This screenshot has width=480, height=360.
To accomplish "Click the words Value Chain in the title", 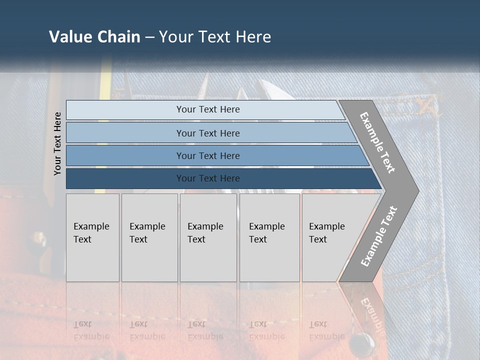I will click(94, 37).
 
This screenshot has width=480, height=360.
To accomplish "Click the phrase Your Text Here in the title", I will click(215, 37).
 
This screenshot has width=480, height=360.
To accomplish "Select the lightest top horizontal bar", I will click(208, 109).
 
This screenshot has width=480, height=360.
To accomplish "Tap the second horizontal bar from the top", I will click(208, 133).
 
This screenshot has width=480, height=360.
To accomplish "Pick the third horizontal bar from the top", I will click(208, 155).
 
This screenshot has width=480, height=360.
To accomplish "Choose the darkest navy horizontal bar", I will click(208, 178).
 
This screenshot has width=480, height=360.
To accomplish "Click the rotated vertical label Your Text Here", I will click(57, 143).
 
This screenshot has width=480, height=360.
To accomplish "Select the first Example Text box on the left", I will click(92, 237).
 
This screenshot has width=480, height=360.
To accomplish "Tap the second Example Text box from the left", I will click(149, 237).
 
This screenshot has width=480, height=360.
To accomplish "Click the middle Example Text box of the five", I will click(208, 237).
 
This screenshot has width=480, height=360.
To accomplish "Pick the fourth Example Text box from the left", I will click(269, 237).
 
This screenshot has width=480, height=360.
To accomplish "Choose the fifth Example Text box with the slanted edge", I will click(330, 237).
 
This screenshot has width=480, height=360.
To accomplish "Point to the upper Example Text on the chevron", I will click(377, 142).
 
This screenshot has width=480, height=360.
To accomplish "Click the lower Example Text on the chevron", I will click(378, 236).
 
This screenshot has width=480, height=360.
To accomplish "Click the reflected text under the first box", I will click(91, 330).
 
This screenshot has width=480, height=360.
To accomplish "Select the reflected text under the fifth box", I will click(326, 330).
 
